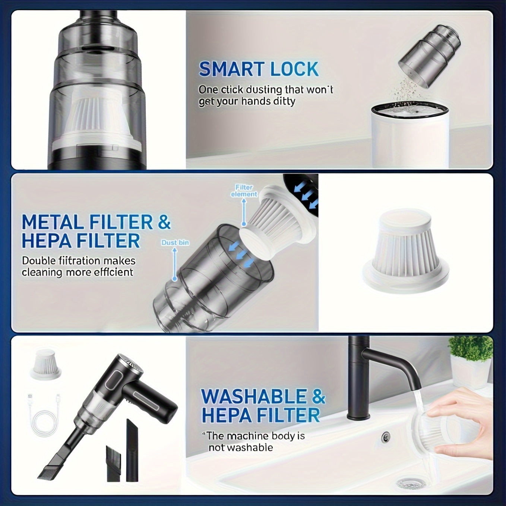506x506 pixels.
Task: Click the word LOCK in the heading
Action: [294, 69]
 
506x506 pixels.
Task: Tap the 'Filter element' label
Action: [244, 191]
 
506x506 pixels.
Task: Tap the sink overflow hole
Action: [385, 436]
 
